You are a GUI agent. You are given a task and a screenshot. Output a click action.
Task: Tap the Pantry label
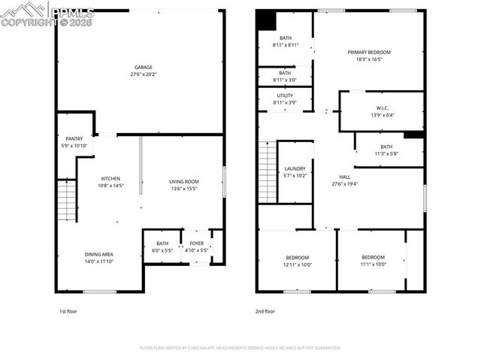[x=74, y=138]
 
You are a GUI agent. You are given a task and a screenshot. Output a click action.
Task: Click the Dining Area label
[x=99, y=254]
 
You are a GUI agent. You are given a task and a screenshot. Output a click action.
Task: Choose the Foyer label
[x=196, y=244]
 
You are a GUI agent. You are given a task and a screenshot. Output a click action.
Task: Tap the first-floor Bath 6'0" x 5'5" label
[x=162, y=244]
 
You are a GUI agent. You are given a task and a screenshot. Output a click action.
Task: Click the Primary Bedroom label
[x=368, y=52]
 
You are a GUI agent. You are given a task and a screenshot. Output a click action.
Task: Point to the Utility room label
[x=285, y=96]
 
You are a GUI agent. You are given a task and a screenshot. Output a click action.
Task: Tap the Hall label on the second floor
[x=345, y=177]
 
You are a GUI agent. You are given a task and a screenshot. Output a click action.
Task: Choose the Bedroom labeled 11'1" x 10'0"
[x=372, y=258]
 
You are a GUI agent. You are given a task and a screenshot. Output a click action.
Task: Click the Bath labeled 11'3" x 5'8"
[x=386, y=147]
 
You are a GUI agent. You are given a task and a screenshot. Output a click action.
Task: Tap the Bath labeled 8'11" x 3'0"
[x=285, y=73]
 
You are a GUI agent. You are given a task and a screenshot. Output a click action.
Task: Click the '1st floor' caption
[x=68, y=311]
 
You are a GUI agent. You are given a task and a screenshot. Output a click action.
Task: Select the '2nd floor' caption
[x=265, y=311]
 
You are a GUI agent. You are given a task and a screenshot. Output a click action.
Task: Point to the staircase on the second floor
[x=268, y=172]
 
